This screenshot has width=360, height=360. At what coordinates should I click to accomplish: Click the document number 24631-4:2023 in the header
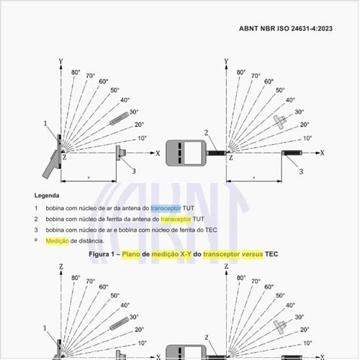pos(312,29)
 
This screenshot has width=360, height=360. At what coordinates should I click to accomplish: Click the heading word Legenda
pos(47,195)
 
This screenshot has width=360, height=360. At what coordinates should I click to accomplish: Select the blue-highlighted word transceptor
pos(166,208)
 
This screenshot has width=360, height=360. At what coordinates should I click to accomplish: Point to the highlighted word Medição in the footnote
pos(57,240)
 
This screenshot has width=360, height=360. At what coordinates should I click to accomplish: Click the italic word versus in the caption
pos(252,254)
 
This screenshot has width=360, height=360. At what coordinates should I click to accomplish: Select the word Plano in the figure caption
pos(131,254)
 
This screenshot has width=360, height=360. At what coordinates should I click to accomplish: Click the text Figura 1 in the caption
pos(101,254)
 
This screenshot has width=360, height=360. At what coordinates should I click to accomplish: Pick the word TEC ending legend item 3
pos(211,230)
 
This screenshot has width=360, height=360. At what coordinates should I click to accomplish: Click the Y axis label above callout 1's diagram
pos(60,61)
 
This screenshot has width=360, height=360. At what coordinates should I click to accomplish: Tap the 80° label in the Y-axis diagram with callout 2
pos(241,72)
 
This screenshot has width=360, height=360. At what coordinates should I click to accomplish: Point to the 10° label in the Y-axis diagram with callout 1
pos(142,138)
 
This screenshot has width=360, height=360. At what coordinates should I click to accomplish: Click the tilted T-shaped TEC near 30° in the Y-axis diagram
pos(280,122)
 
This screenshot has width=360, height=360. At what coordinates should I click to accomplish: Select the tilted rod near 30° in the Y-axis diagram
pos(120,119)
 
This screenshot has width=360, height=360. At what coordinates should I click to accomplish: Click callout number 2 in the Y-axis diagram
pos(206,132)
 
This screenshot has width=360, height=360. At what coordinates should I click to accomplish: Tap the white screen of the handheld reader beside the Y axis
pos(193,153)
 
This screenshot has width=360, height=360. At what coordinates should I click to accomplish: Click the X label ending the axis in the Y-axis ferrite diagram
pos(322,153)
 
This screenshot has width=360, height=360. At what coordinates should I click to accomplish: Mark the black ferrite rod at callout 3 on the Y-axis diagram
pos(292,153)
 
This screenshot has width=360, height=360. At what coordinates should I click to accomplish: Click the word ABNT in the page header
pos(249,29)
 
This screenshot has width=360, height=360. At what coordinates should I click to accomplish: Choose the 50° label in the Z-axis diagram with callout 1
pos(115,295)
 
